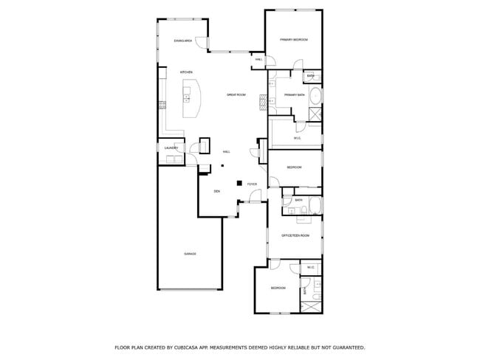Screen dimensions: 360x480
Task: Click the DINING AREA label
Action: click(x=183, y=41)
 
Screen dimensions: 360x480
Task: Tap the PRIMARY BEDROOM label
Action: click(x=293, y=39)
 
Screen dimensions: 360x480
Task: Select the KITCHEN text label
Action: click(x=186, y=72)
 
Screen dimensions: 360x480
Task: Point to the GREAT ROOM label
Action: click(x=236, y=95)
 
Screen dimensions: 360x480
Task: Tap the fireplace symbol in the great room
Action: click(x=261, y=103)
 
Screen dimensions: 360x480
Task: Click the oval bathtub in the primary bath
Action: click(x=316, y=95)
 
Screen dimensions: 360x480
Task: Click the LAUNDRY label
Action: click(x=171, y=148)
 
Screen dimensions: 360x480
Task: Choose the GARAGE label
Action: click(x=190, y=254)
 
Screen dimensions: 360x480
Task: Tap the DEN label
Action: click(x=216, y=192)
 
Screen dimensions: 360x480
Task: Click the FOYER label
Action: click(x=252, y=184)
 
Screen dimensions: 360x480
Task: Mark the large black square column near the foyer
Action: click(x=239, y=182)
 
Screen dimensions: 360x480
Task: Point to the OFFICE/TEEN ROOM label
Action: click(x=295, y=235)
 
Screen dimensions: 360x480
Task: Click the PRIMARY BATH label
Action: click(x=295, y=95)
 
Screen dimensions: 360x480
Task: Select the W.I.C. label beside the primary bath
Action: click(x=298, y=138)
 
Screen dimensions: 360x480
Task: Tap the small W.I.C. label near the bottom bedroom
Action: click(x=311, y=268)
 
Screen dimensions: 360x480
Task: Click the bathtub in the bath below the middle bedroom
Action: click(x=315, y=206)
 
